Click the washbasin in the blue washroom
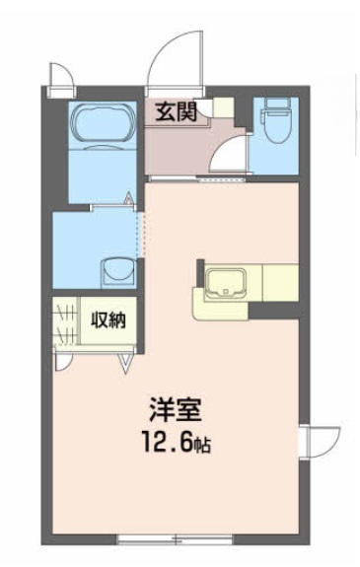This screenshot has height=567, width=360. (117, 269)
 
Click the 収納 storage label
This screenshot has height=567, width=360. (108, 319)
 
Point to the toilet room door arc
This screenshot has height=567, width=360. (229, 159)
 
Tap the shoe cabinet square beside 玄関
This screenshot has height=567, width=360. (223, 107)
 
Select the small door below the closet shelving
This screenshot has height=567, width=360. (64, 359)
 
